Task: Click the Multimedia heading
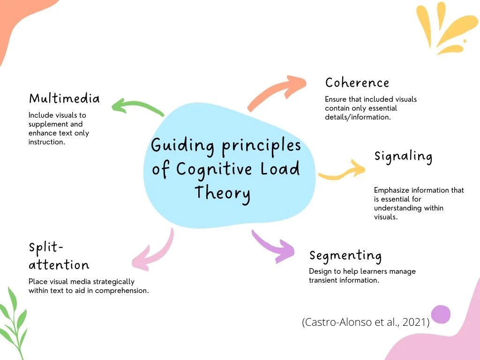pos(64,98)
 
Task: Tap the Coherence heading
pos(357,82)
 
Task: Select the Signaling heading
pos(403,156)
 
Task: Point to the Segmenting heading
pos(345,255)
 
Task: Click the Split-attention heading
pos(59,256)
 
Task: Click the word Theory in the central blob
pos(222,193)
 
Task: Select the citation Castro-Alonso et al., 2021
pos(366,322)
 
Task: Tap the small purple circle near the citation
pos(441,314)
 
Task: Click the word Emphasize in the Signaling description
pos(392,190)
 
